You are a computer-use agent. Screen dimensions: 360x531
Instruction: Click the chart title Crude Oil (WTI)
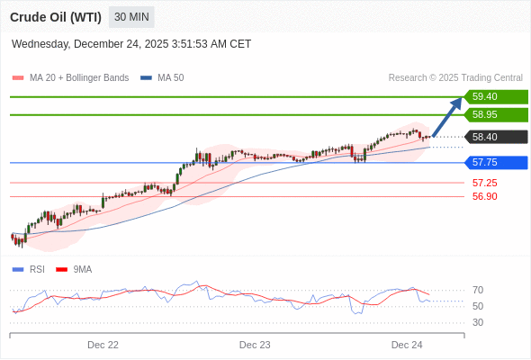pyautogui.click(x=56, y=17)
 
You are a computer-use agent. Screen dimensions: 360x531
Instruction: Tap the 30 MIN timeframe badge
pyautogui.click(x=131, y=17)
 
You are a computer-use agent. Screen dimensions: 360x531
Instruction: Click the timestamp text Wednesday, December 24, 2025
pyautogui.click(x=131, y=44)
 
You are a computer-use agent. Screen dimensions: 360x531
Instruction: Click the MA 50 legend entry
pyautogui.click(x=163, y=78)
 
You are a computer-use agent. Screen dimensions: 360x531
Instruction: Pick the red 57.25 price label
pyautogui.click(x=484, y=183)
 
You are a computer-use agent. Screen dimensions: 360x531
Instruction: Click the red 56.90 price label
pyautogui.click(x=484, y=196)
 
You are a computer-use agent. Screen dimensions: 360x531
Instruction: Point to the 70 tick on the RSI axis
pyautogui.click(x=478, y=290)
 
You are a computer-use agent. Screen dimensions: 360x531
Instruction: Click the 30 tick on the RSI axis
pyautogui.click(x=478, y=322)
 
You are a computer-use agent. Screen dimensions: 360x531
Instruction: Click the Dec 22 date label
pyautogui.click(x=103, y=345)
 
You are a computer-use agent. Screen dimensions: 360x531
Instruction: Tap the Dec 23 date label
pyautogui.click(x=255, y=345)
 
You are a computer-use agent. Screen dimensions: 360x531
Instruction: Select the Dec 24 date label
pyautogui.click(x=407, y=345)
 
